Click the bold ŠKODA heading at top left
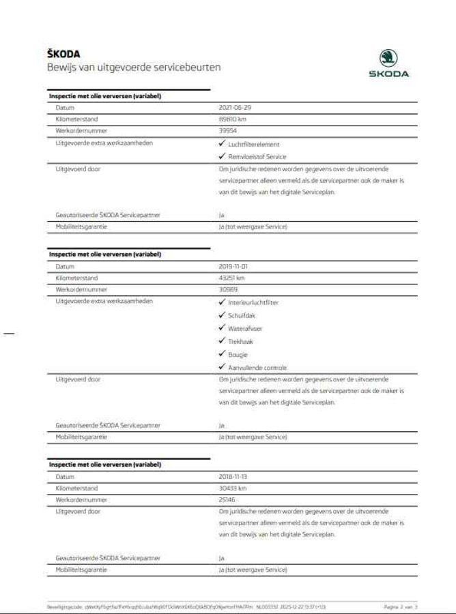coord(63,55)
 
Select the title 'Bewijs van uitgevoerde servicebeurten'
coord(133,68)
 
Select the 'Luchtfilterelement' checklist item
coord(253,144)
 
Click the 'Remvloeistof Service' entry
coord(257,156)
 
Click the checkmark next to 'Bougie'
coord(222,354)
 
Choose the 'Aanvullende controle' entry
coord(257,367)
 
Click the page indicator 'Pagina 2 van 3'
coord(401,606)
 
